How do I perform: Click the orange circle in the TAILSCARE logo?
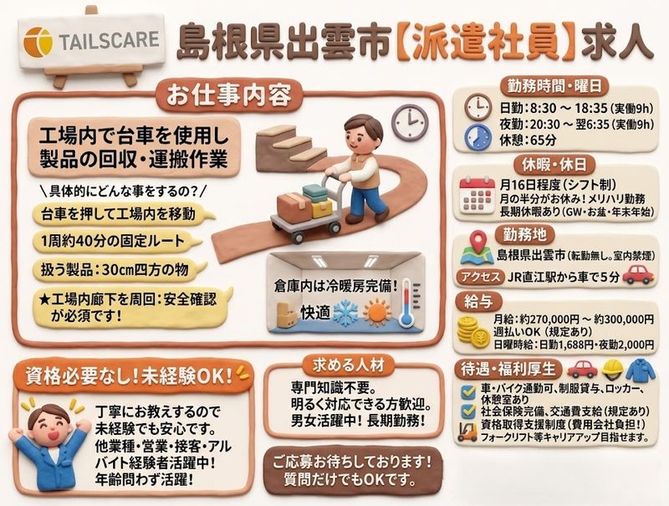38,42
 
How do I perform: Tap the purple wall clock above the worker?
410,121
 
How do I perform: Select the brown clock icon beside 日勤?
477,107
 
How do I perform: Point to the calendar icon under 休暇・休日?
477,196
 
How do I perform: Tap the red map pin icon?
478,241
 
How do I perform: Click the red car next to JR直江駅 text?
638,274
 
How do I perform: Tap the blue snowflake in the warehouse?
346,313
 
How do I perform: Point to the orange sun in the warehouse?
377,312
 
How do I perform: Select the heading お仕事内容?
229,95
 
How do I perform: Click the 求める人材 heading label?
349,365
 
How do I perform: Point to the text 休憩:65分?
528,140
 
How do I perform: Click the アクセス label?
480,277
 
